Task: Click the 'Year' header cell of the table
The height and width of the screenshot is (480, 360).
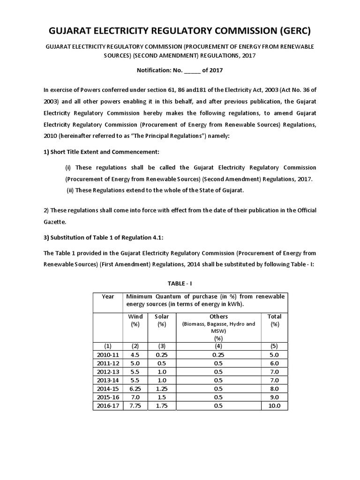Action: click(108, 296)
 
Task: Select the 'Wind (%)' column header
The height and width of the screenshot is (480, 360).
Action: click(135, 320)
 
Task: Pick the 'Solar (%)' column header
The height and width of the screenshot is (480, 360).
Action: click(162, 320)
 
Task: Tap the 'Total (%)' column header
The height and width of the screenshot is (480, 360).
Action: click(274, 320)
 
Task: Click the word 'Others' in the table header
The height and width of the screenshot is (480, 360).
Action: click(218, 316)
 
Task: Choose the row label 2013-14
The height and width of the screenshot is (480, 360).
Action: click(108, 380)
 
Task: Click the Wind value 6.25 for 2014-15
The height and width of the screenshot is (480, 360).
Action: click(135, 389)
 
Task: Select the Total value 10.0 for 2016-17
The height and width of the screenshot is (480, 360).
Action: click(274, 405)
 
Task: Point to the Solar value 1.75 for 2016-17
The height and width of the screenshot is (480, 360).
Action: click(162, 405)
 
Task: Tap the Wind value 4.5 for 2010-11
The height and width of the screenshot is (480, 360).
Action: click(135, 355)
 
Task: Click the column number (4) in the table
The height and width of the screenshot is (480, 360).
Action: click(218, 346)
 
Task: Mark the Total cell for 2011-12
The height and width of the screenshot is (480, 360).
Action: click(274, 363)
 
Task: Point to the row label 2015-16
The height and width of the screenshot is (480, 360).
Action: click(108, 397)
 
